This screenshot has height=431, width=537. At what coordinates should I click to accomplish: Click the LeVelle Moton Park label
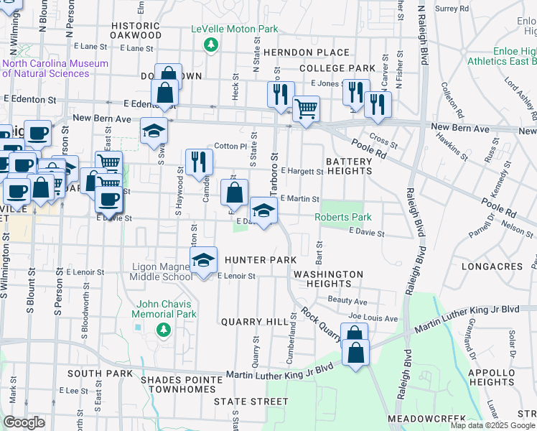[233, 29]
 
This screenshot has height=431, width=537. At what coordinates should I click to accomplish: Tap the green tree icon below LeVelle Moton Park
[210, 45]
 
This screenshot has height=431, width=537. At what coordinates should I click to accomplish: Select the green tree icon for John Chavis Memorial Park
[164, 329]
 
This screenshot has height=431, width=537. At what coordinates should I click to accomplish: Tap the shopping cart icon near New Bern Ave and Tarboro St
[306, 109]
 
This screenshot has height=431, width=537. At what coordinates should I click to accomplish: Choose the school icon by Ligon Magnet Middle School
[204, 260]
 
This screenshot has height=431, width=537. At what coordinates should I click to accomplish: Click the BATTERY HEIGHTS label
[349, 167]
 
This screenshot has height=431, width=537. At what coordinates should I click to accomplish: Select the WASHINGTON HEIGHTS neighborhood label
[328, 279]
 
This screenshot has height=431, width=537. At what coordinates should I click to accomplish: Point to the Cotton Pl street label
[230, 146]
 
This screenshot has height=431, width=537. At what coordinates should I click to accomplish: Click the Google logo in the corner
[24, 422]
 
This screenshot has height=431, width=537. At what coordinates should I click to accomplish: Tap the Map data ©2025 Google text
[492, 425]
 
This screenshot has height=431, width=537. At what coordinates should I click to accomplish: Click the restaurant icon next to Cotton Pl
[199, 162]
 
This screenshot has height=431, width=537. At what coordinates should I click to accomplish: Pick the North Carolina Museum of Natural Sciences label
[55, 68]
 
